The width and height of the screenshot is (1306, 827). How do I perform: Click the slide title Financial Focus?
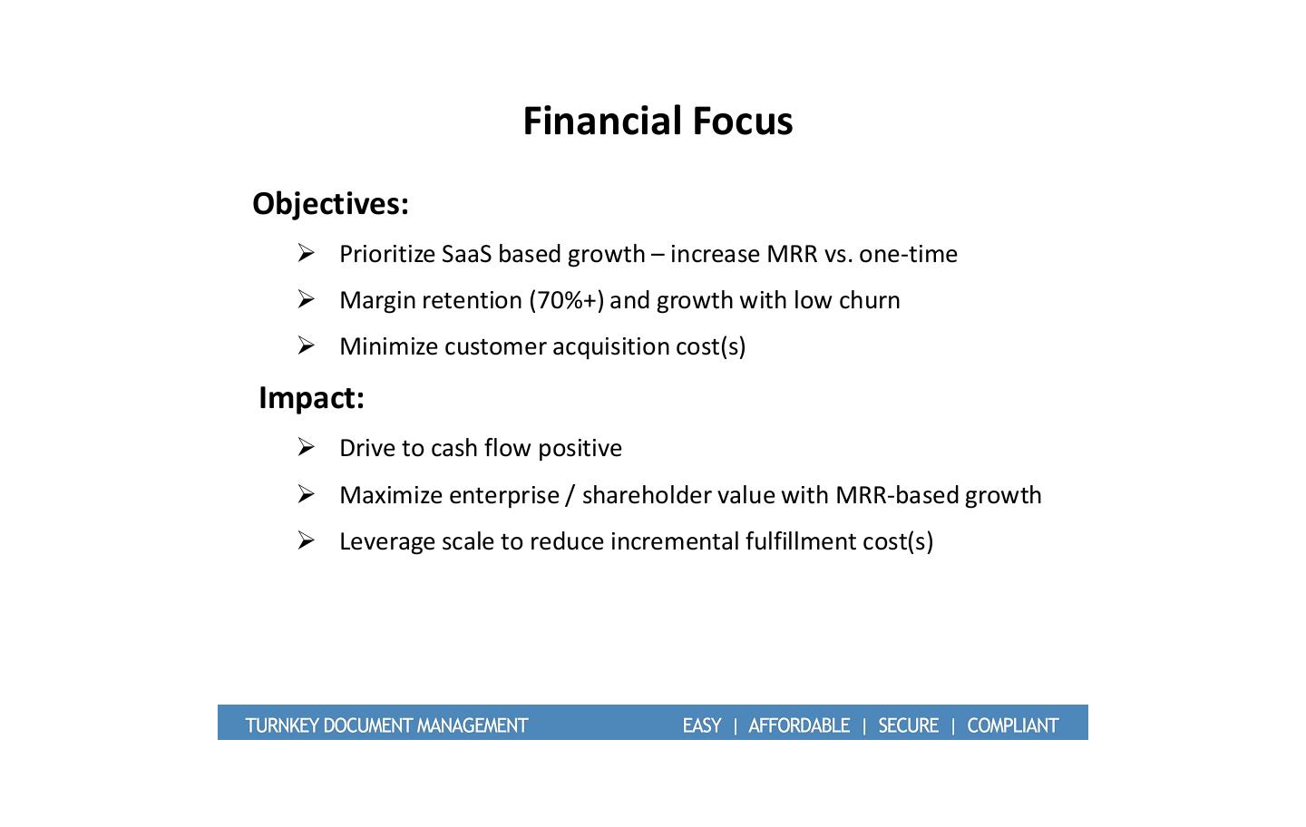point(658,122)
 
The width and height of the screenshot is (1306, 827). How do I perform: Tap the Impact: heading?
point(311,399)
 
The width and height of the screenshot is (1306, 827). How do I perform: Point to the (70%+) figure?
point(566,301)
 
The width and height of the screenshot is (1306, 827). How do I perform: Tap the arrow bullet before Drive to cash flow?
point(307,448)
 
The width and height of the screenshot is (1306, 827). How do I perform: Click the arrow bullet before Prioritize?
point(307,254)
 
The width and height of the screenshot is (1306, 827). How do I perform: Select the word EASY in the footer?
point(702,726)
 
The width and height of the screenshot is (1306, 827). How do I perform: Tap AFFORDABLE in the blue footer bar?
point(799,726)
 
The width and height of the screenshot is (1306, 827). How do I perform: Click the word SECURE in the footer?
point(909,726)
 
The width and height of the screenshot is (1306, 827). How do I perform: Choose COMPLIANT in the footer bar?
point(1013,726)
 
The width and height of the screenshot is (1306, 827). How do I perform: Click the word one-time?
point(908,254)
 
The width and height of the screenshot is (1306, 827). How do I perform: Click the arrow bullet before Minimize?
point(307,345)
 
